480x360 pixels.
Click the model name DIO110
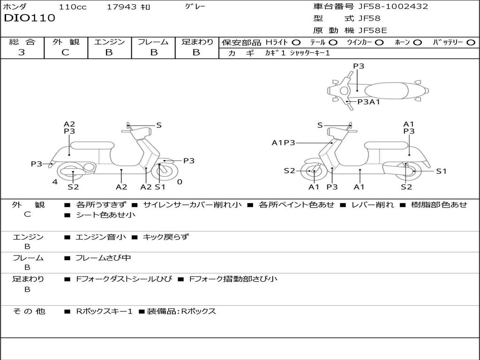[x=30, y=18]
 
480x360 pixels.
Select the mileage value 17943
[x=121, y=7]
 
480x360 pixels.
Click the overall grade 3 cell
[x=22, y=52]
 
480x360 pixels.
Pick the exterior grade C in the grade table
[x=65, y=52]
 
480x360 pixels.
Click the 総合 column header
[x=22, y=42]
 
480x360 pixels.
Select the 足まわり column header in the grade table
[x=197, y=42]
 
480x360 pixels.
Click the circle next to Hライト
[x=296, y=43]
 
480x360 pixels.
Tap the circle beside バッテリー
[x=471, y=43]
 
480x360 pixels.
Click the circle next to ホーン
[x=417, y=43]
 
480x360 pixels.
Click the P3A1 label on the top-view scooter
[x=368, y=102]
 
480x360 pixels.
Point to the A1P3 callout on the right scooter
[x=283, y=143]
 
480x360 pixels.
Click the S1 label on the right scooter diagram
[x=442, y=172]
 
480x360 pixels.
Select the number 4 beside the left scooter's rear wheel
[x=55, y=182]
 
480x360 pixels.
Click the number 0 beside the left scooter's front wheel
[x=180, y=182]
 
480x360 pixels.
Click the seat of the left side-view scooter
[x=92, y=145]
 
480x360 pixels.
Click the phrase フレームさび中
[x=103, y=258]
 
